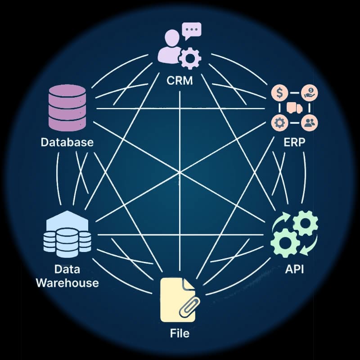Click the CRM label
[x=180, y=81]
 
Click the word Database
[x=67, y=143]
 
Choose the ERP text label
[x=295, y=143]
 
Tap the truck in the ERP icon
[x=294, y=108]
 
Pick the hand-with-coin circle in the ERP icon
[x=309, y=94]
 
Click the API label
[x=295, y=270]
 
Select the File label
[x=180, y=333]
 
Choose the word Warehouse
[x=67, y=283]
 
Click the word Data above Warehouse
[x=67, y=269]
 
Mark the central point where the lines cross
[x=180, y=172]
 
